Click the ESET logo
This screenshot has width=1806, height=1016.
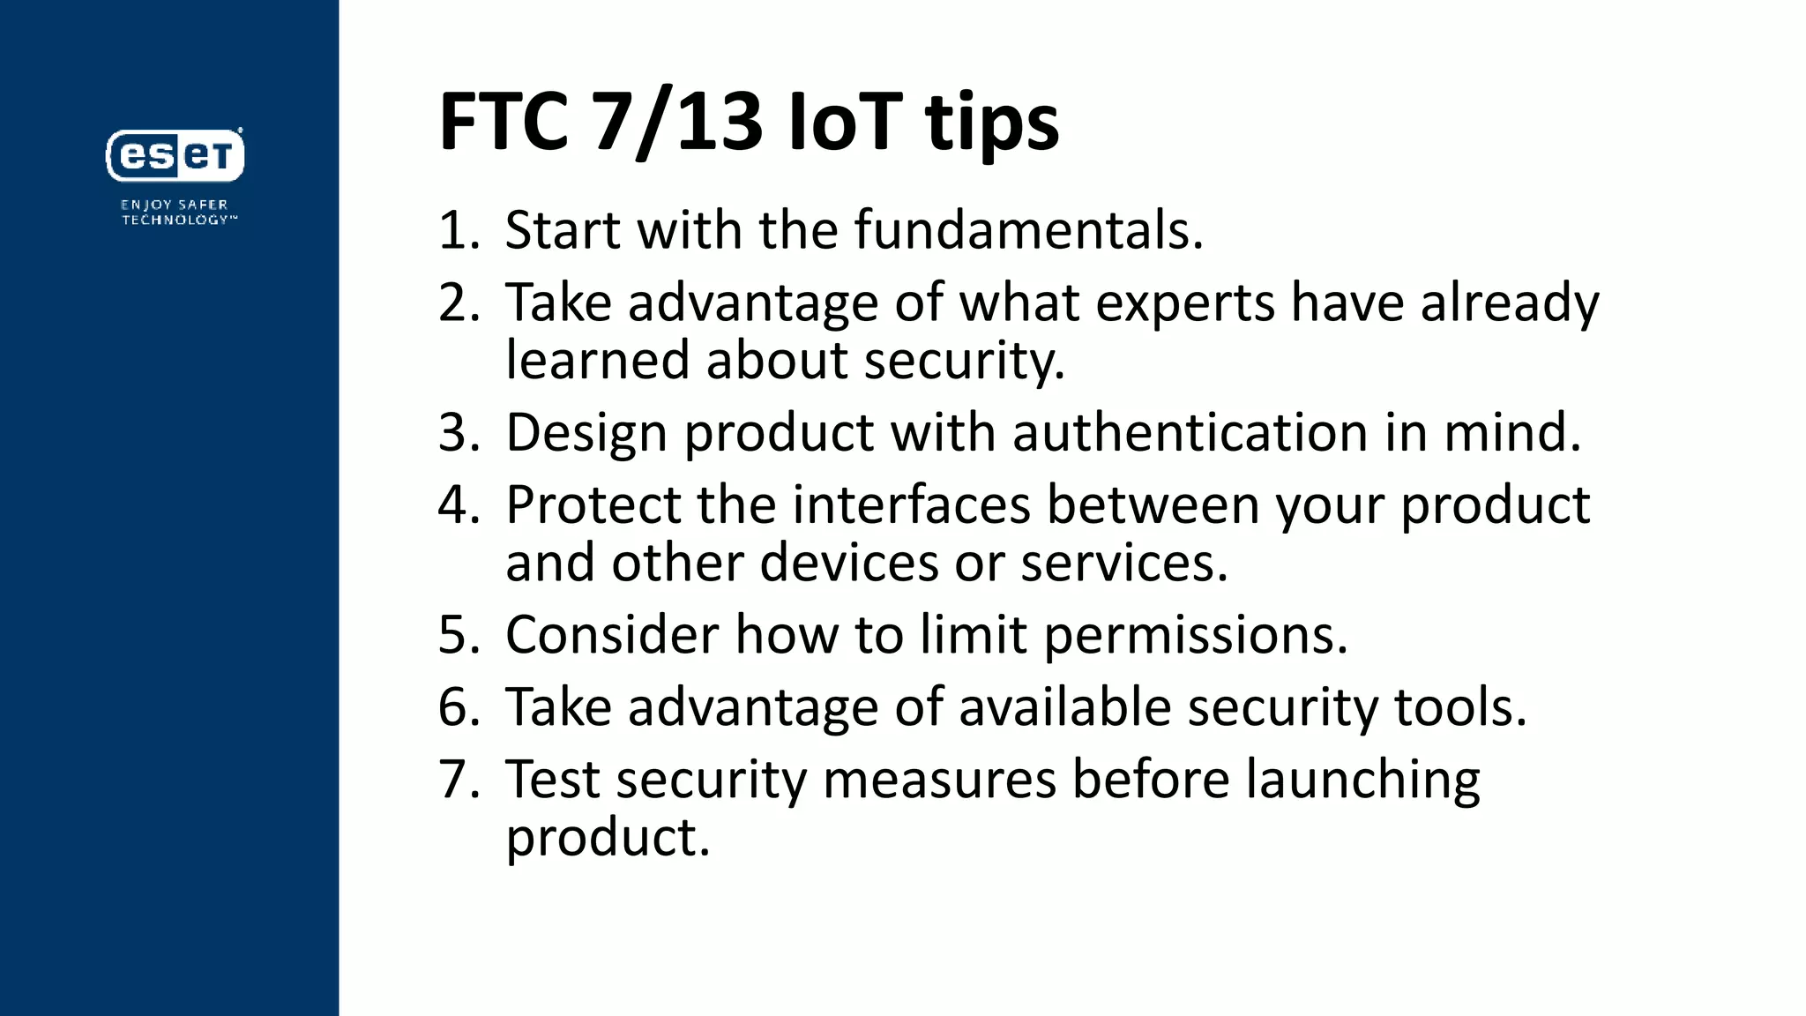[175, 155]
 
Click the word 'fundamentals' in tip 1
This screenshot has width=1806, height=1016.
[1027, 230]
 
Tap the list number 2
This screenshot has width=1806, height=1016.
[457, 303]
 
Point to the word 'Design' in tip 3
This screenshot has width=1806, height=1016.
[586, 434]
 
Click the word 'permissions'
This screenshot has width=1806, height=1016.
[1195, 636]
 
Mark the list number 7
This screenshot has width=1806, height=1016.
[457, 780]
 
